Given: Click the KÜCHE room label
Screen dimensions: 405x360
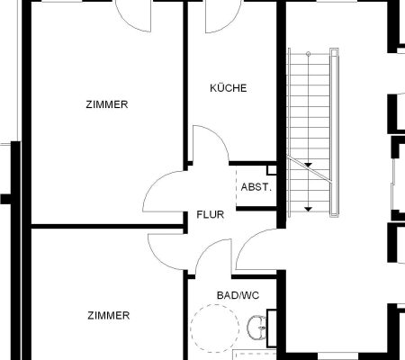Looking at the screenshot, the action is (x=229, y=88).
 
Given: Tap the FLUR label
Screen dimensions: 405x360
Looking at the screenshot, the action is (x=211, y=214).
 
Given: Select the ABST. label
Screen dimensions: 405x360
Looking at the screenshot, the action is (x=256, y=187).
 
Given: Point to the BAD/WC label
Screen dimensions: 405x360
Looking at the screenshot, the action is (x=238, y=295).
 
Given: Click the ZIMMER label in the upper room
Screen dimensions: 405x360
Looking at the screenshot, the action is (x=107, y=104).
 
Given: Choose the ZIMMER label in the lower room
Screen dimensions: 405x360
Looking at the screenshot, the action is (x=109, y=316).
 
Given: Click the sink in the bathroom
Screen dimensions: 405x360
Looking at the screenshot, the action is (x=256, y=328).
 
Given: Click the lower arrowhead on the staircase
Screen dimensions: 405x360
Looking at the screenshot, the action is (x=308, y=209).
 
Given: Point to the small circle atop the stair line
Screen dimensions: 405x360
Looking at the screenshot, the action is (x=308, y=54).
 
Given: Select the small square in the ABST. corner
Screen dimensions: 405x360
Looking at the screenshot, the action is (x=272, y=170).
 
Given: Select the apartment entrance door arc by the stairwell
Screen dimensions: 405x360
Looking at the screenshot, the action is (x=247, y=241).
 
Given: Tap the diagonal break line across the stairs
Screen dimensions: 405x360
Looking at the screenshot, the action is (x=310, y=168).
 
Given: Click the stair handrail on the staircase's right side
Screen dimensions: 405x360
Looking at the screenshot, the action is (x=334, y=132).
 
